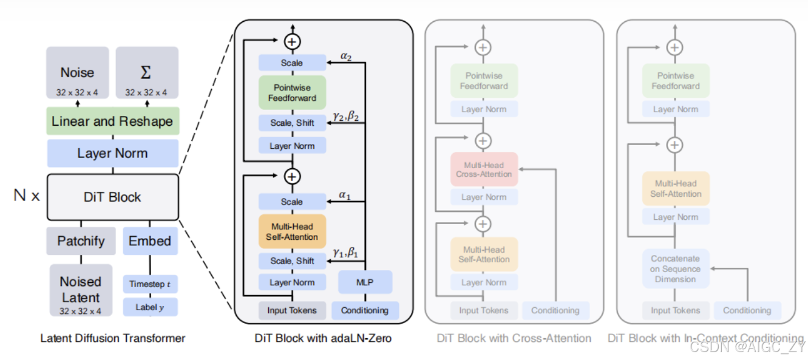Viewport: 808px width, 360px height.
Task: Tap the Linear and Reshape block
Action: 112,121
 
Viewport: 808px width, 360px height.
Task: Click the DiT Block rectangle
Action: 112,197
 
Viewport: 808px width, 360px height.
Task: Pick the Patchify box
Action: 81,241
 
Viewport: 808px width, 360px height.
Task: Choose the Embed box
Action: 150,241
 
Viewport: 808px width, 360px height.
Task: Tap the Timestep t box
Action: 150,284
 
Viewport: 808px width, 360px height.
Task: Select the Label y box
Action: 150,307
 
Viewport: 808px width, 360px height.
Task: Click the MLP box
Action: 365,282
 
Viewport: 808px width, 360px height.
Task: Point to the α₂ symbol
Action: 346,56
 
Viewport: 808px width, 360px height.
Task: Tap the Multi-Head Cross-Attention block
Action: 484,169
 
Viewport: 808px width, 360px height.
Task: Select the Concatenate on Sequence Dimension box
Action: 675,269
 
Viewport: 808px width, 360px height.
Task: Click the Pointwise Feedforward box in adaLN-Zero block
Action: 292,93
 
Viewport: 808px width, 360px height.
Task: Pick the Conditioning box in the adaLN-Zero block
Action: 365,311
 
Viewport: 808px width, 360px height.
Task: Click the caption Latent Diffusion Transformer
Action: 112,338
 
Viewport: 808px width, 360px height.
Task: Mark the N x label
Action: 27,196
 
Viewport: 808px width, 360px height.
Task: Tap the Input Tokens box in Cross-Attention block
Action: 484,311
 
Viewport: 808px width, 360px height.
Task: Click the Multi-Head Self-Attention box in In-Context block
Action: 676,189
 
